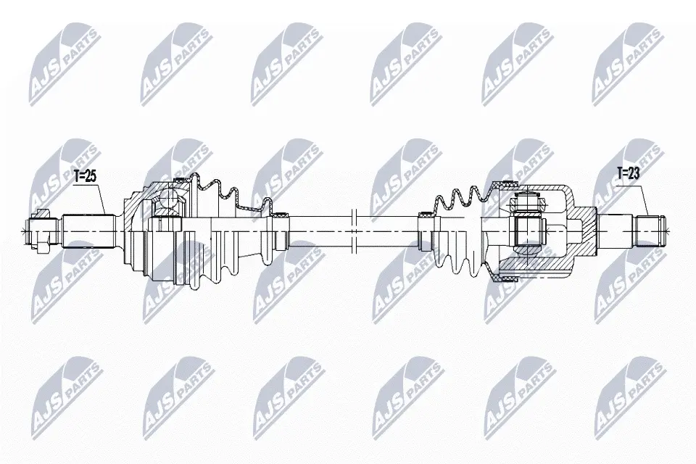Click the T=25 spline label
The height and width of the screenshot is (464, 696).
(x=85, y=176)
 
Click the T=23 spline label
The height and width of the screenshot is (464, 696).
(x=629, y=173)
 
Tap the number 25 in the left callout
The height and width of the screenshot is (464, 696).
(x=91, y=176)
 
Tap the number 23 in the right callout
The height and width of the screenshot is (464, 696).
(x=634, y=173)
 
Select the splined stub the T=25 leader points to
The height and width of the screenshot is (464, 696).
(x=88, y=231)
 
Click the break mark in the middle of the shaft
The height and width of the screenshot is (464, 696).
(x=354, y=231)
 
